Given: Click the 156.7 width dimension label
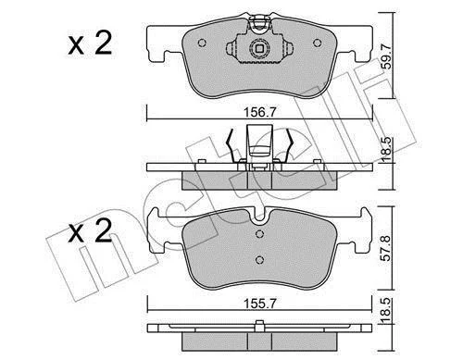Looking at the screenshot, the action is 260,112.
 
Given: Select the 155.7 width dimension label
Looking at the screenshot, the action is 260,304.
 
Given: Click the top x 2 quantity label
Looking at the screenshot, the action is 90,44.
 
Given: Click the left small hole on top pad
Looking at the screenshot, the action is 202,43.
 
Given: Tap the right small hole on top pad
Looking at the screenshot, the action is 318,43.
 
